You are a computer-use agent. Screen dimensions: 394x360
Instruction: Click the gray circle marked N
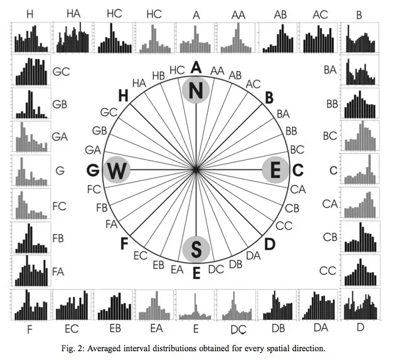pos(196,90)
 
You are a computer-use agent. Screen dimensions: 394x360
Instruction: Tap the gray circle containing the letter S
pos(196,249)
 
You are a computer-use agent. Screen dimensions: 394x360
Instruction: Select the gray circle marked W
pos(117,170)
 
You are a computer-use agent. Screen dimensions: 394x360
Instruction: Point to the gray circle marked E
pos(275,170)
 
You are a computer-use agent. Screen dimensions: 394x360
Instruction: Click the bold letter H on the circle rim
pos(123,96)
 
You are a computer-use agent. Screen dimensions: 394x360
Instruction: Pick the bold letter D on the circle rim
pos(270,244)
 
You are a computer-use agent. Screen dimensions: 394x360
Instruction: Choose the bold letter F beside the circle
pos(124,243)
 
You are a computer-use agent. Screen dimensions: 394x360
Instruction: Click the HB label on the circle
pos(159,76)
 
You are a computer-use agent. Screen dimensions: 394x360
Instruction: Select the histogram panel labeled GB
pos(31,103)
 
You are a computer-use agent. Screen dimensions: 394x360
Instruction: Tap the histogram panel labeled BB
pos(360,103)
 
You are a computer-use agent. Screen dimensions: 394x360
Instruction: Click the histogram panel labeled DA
pos(319,305)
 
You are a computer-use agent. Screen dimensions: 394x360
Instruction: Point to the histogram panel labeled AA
pos(236,38)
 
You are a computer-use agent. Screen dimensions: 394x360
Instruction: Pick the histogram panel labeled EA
pos(154,305)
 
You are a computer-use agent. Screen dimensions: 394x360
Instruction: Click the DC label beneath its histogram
pos(238,329)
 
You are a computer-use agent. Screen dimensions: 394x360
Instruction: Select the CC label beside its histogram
pos(327,271)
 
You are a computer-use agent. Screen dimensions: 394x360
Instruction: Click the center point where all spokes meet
pos(196,170)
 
